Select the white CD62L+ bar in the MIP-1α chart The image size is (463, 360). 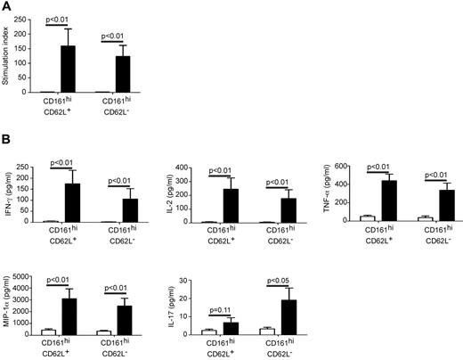(x=48, y=331)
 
